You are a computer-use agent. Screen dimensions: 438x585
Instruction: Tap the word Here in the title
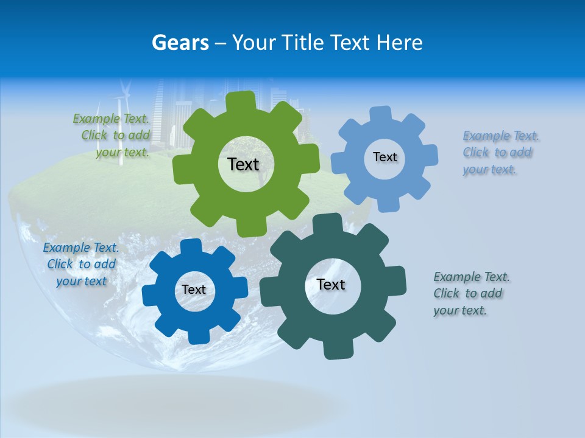399,43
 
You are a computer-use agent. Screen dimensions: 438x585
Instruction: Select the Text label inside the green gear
243,164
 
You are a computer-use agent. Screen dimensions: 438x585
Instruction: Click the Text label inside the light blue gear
385,157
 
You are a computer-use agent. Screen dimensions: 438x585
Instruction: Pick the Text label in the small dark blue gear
194,290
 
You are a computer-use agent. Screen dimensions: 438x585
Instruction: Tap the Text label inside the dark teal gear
331,285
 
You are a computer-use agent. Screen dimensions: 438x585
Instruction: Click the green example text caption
113,136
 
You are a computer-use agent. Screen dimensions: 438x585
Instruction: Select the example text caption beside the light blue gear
498,153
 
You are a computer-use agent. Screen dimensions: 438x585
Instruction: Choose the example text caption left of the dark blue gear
81,265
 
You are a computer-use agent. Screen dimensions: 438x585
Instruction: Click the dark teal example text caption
469,293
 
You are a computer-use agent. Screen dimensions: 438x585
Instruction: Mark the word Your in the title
255,43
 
